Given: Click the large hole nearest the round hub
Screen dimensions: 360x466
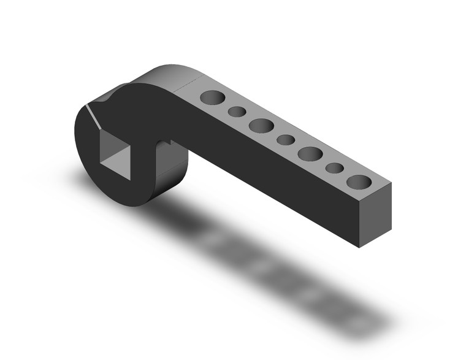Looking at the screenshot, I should click(x=212, y=98).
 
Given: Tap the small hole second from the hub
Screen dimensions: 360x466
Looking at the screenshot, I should click(x=237, y=112).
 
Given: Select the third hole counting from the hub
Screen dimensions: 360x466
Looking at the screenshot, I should click(x=261, y=125).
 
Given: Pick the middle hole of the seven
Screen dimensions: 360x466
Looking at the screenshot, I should click(x=286, y=140).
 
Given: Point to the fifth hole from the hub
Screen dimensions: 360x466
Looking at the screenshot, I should click(x=310, y=153).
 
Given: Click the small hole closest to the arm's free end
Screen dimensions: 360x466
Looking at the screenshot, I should click(x=334, y=167).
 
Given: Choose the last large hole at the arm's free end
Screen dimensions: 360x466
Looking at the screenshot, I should click(x=359, y=182).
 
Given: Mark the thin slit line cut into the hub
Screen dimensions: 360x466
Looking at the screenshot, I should click(x=93, y=117).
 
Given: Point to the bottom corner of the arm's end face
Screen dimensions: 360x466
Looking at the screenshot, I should click(x=359, y=247).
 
